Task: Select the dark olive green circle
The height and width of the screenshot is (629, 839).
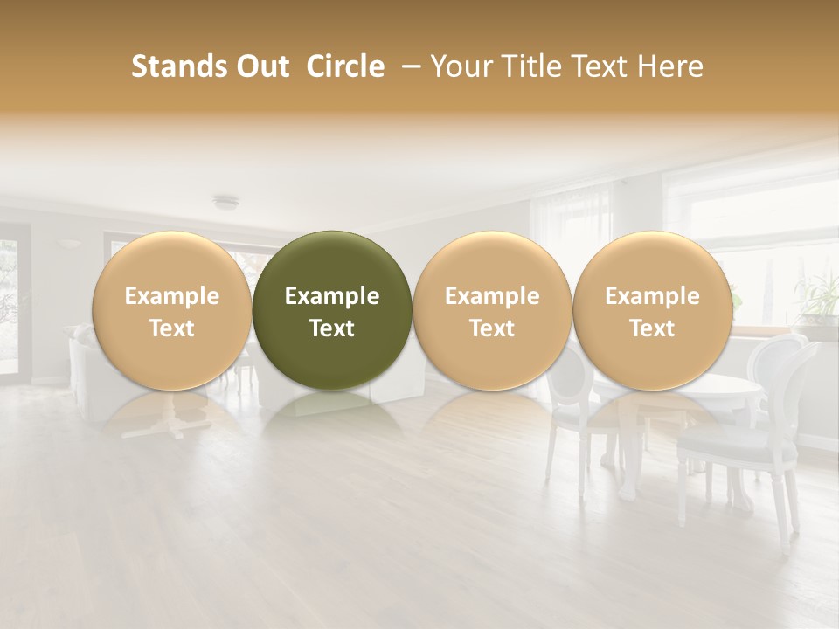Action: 332,310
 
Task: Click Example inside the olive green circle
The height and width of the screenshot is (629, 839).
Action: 332,296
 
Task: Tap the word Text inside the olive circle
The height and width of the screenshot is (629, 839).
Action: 332,328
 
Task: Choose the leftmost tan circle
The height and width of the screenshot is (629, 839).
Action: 171,310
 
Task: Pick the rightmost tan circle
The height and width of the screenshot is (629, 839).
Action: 652,310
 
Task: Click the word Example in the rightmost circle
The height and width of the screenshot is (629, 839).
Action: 652,296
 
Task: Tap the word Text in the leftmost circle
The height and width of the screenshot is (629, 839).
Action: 171,328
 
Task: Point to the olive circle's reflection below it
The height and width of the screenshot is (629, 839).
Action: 332,404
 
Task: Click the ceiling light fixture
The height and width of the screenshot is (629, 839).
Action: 225,203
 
